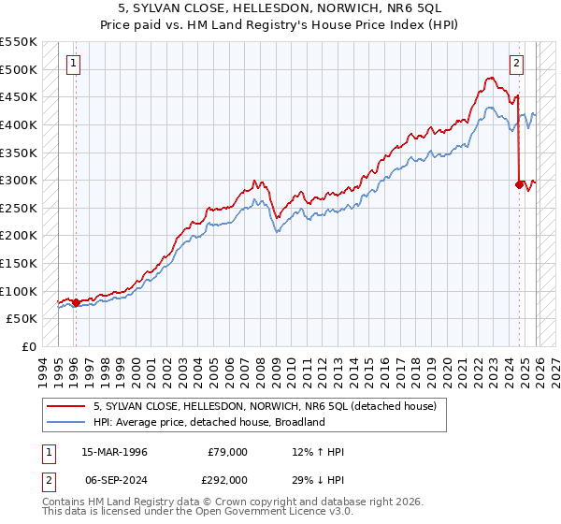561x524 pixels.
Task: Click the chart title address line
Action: tap(280, 7)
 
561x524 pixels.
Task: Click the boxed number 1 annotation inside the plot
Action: tap(74, 64)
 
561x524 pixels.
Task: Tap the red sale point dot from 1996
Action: tap(76, 302)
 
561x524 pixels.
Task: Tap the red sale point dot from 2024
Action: tap(518, 184)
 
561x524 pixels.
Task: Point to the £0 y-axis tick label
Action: tap(28, 346)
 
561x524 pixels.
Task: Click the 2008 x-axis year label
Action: tap(264, 366)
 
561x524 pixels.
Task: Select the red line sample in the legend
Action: tap(66, 406)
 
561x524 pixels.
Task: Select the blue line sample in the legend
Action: tap(66, 422)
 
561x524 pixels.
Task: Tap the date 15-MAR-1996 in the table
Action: tap(114, 452)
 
